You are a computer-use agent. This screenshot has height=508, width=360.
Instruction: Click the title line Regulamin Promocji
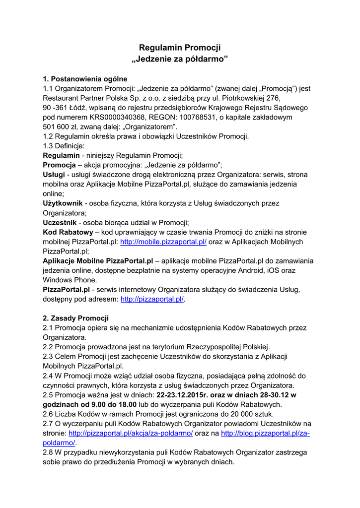(180, 48)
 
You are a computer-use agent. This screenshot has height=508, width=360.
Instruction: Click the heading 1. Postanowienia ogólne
(85, 79)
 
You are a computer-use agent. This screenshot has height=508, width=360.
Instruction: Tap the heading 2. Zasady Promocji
(75, 318)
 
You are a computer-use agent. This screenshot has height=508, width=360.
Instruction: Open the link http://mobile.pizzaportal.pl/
(163, 242)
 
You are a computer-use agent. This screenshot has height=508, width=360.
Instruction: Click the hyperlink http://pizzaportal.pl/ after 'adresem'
(152, 299)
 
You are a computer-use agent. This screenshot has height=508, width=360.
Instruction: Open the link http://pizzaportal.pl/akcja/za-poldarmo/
(131, 433)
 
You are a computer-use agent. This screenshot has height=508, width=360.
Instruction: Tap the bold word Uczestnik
(60, 223)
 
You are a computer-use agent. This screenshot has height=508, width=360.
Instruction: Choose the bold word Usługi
(54, 175)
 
